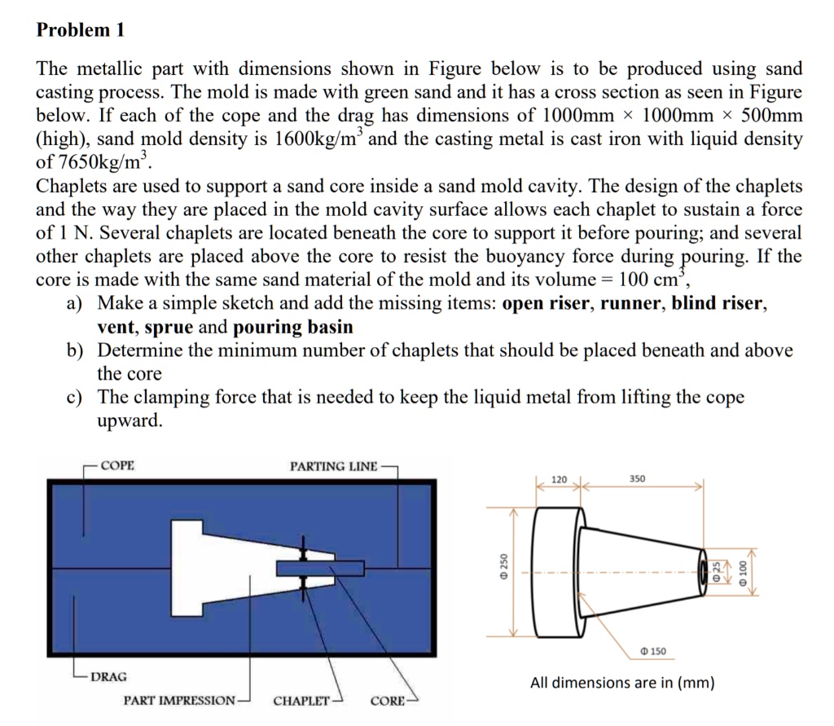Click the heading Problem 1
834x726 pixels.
tap(81, 31)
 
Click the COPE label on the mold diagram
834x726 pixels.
tap(118, 466)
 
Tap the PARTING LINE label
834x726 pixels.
tap(333, 466)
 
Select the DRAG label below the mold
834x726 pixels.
tap(108, 676)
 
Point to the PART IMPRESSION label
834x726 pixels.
tap(180, 701)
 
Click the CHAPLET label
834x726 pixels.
tap(301, 701)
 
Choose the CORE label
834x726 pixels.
tap(387, 701)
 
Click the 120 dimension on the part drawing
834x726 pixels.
tap(560, 479)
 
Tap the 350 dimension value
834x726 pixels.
tap(638, 479)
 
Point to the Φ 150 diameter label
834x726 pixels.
tap(652, 651)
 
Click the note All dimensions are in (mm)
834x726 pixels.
tap(622, 683)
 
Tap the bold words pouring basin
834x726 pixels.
tap(293, 328)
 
